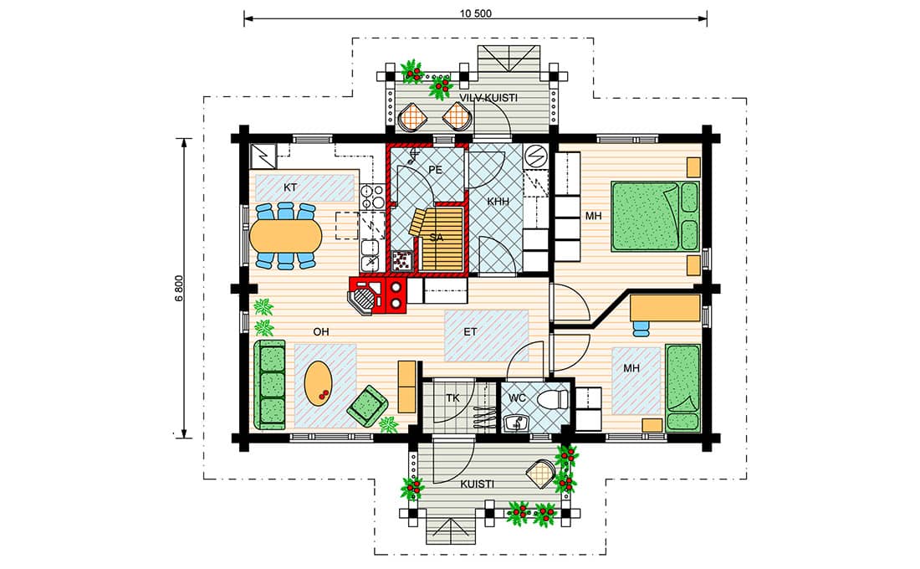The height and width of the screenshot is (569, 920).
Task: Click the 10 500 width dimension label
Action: (476, 13)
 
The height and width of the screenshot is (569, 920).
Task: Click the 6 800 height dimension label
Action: (180, 289)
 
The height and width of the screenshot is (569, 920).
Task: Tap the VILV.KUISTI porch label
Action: (488, 98)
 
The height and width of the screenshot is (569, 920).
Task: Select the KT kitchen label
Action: (290, 188)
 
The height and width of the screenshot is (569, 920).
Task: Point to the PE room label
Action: (435, 170)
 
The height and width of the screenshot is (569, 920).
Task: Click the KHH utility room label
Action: (498, 202)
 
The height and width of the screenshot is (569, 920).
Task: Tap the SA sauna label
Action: (436, 238)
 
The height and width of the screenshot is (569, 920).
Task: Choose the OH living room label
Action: (321, 331)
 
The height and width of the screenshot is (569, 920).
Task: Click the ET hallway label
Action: (471, 331)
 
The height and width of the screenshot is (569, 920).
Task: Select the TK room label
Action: (452, 398)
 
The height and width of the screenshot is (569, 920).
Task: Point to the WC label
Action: (517, 398)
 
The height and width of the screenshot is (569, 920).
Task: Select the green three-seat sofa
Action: (270, 385)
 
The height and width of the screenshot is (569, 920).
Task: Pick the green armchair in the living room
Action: (367, 405)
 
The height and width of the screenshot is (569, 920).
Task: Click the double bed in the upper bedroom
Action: (656, 217)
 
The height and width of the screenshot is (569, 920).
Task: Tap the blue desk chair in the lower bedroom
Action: (641, 328)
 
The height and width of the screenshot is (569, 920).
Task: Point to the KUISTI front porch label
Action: (477, 484)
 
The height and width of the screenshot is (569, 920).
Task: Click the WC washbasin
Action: (516, 422)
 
